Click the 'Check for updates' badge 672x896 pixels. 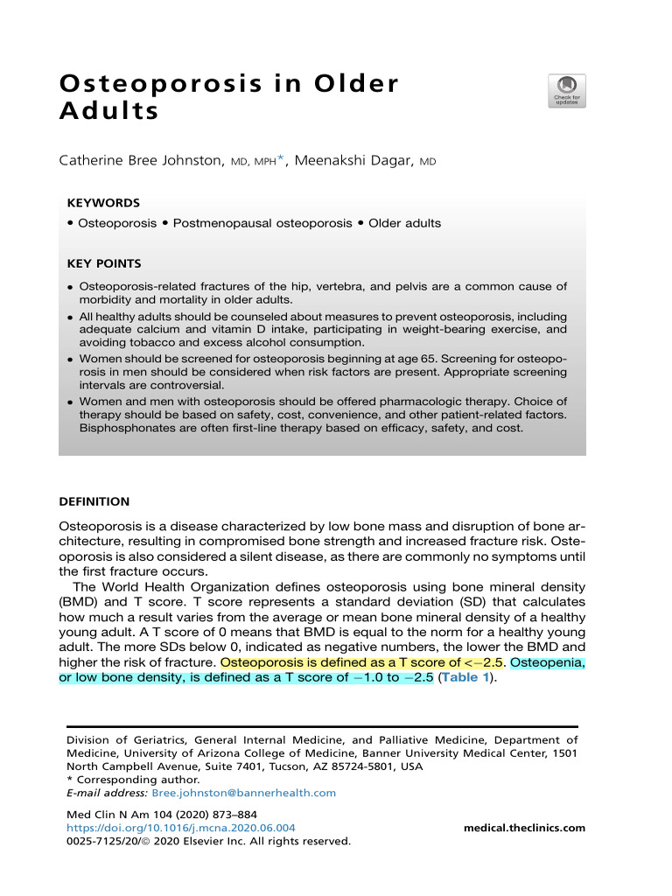click(x=566, y=90)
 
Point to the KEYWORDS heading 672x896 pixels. click(x=103, y=202)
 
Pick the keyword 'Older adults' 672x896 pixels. click(x=404, y=223)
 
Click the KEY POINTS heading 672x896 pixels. click(x=104, y=263)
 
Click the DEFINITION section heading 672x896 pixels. click(x=94, y=501)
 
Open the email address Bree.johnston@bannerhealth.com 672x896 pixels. click(x=243, y=793)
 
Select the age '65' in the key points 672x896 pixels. click(x=430, y=359)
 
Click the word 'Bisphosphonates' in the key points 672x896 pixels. click(x=122, y=428)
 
